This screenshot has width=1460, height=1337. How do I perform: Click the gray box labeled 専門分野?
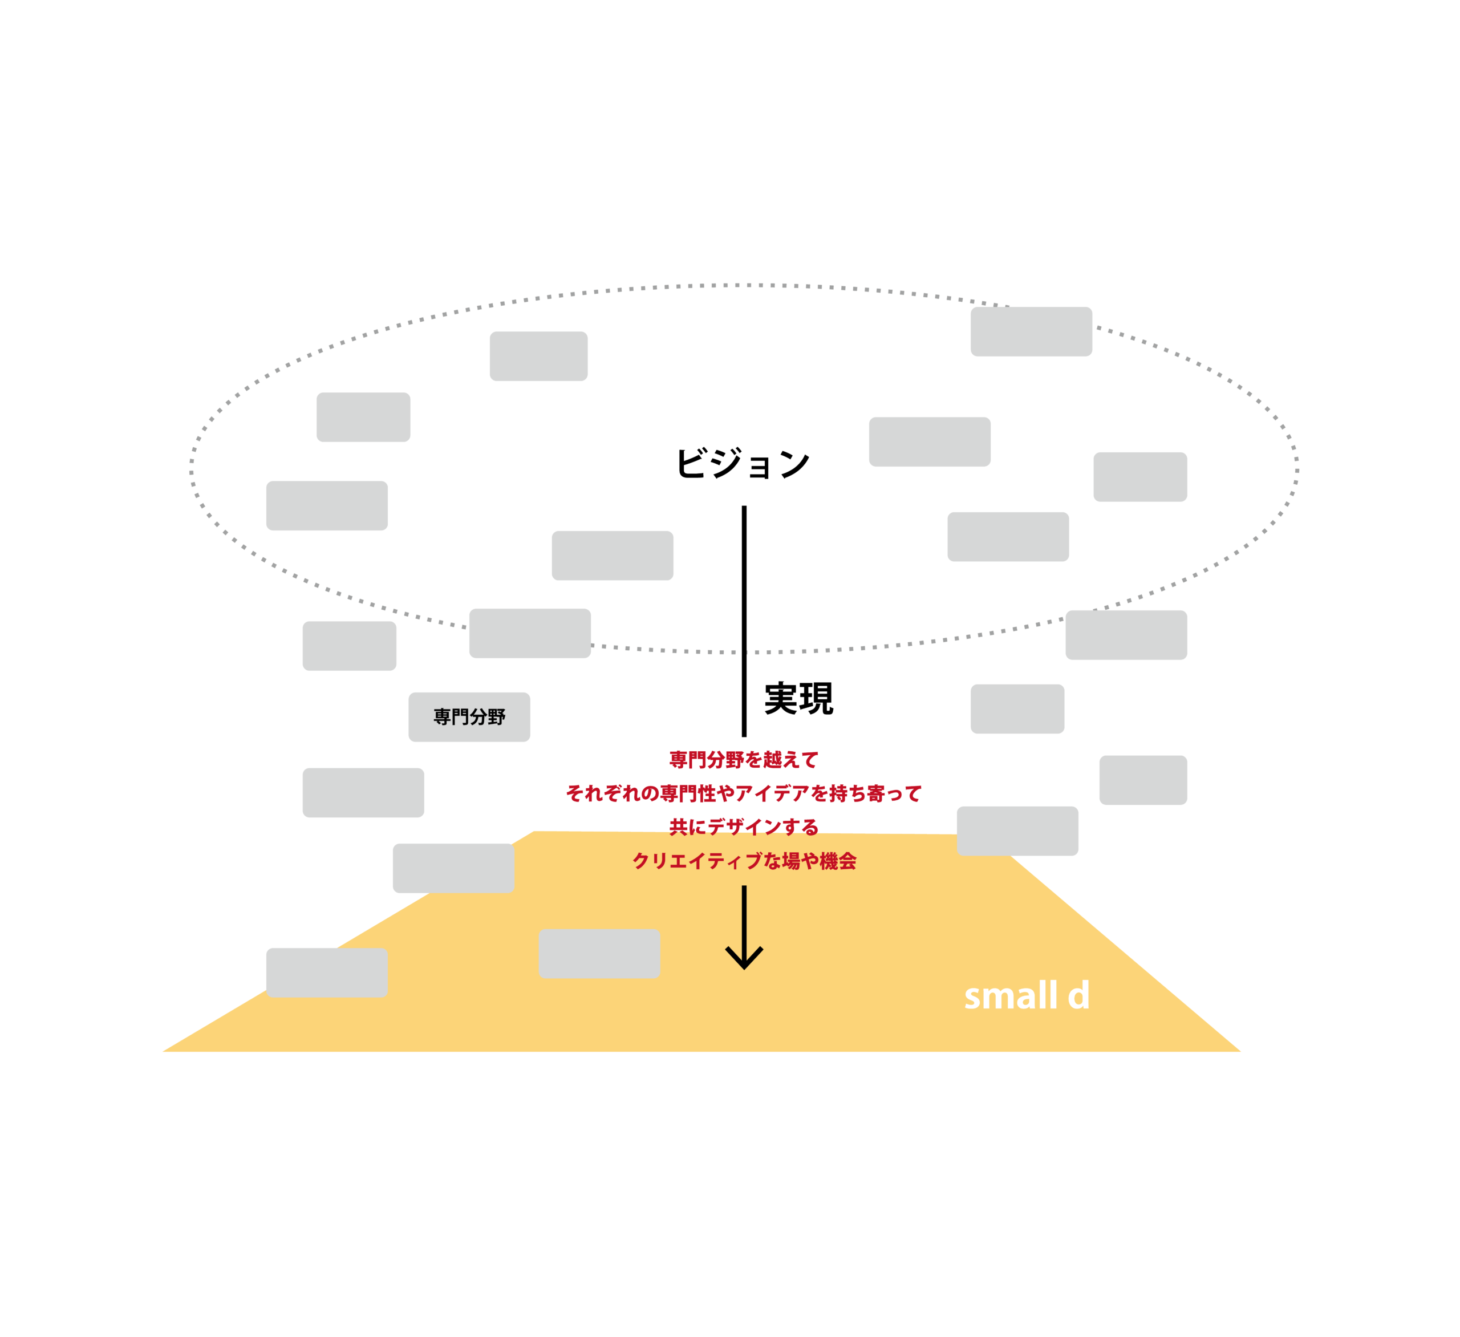[469, 717]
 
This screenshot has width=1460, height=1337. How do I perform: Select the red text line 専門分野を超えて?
[744, 760]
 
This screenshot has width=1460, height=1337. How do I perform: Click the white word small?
[1010, 996]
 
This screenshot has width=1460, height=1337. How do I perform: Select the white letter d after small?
[1078, 996]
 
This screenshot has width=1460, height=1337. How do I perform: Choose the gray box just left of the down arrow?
[599, 954]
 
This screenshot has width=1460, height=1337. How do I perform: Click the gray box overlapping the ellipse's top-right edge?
[1031, 332]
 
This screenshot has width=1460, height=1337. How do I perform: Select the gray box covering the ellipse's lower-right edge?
[1126, 635]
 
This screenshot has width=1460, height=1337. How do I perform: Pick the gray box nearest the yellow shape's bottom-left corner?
[327, 973]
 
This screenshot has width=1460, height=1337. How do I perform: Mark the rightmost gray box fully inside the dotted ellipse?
[1140, 477]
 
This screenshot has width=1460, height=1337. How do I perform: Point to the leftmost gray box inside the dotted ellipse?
[327, 505]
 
